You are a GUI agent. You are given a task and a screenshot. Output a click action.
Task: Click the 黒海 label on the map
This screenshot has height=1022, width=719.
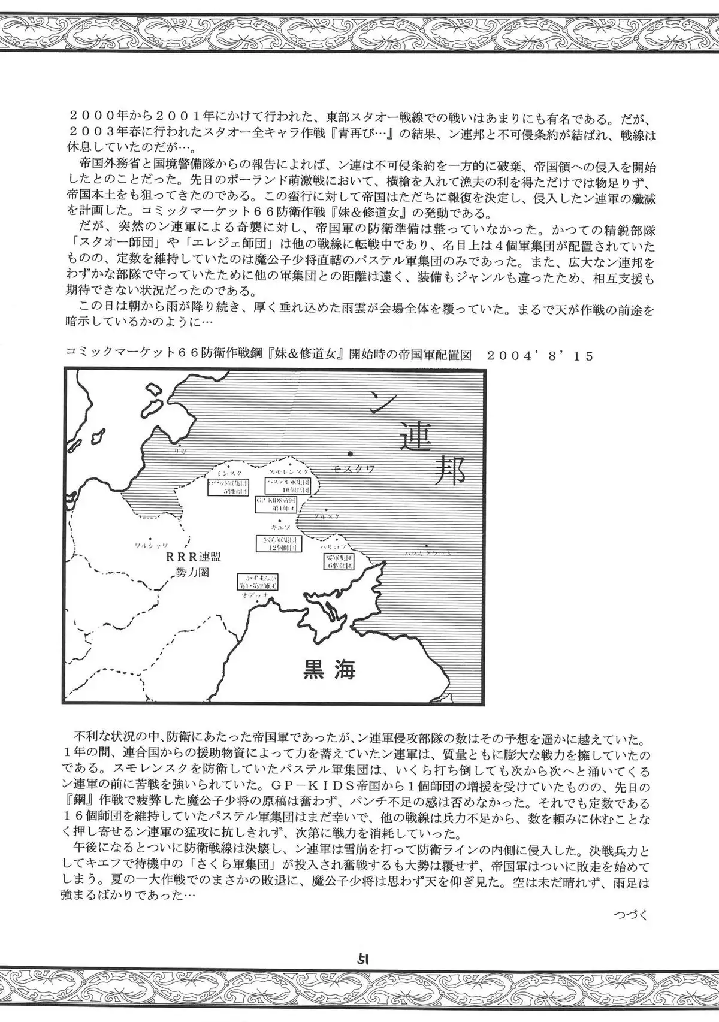pos(326,669)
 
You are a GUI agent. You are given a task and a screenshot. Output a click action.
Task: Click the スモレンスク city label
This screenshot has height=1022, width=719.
pos(289,473)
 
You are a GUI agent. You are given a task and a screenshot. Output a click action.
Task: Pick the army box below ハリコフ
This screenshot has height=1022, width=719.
pos(339,561)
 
